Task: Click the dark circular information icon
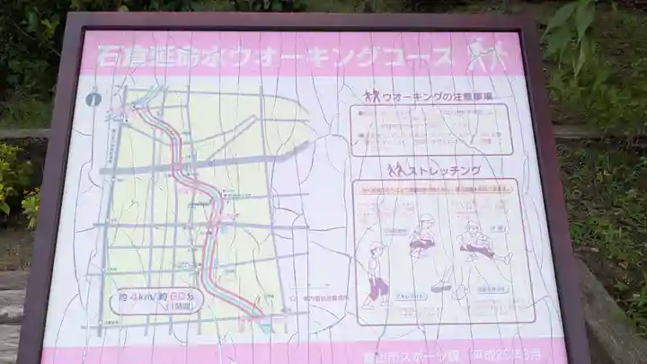93,100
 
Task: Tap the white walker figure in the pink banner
486,56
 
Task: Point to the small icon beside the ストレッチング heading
396,169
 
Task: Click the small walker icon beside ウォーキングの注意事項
372,96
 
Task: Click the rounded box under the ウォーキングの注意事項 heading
430,129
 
